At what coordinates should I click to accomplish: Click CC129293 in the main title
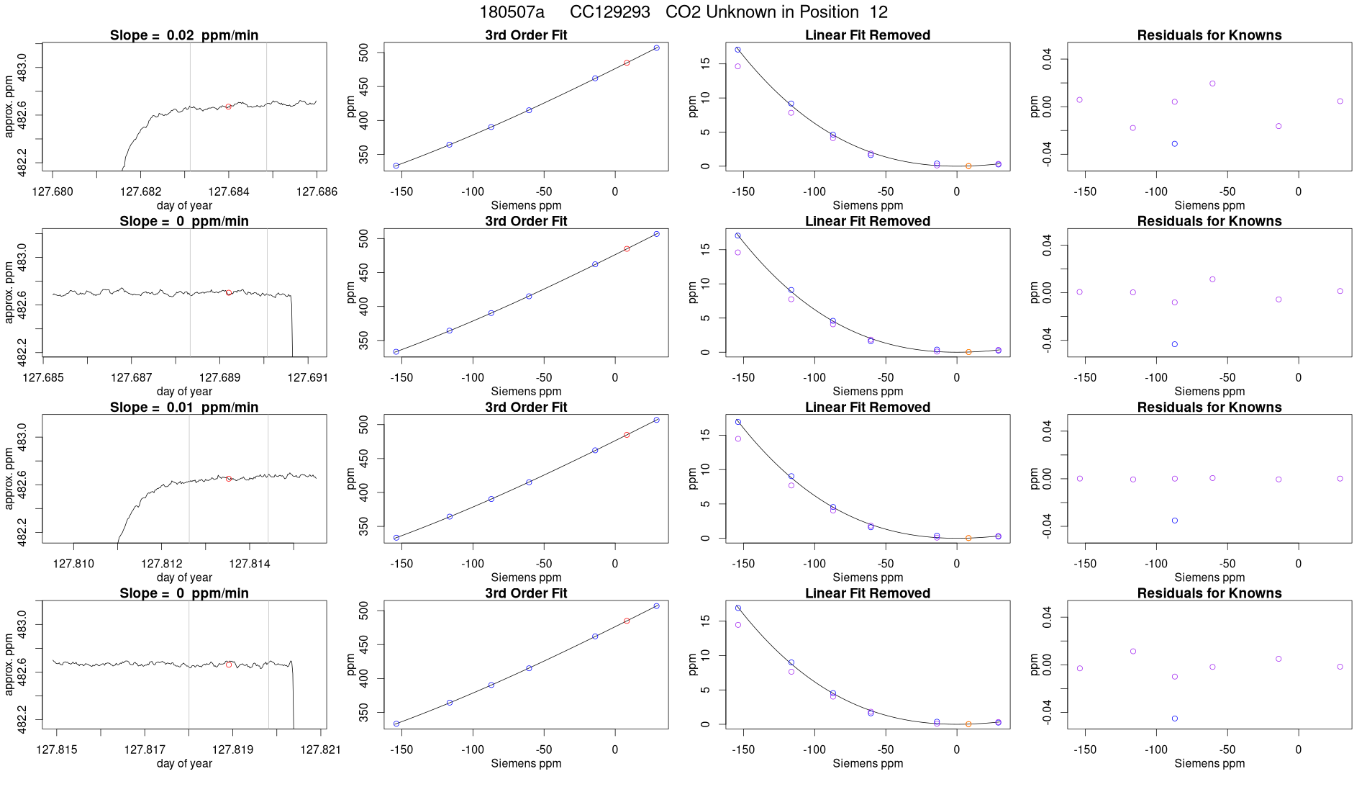click(x=609, y=12)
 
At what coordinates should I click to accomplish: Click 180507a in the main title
click(x=512, y=12)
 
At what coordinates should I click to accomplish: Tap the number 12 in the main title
click(x=878, y=12)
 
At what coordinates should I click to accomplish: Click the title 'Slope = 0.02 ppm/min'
click(x=184, y=35)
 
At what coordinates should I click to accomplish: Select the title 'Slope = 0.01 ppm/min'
click(x=184, y=408)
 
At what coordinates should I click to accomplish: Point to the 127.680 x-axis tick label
click(x=53, y=192)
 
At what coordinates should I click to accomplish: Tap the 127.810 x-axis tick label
click(x=73, y=564)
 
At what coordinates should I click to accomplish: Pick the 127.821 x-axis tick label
click(x=320, y=750)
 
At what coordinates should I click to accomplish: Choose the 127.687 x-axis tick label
click(x=132, y=377)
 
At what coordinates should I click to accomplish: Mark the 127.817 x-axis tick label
click(x=145, y=750)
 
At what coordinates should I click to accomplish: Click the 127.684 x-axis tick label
click(x=229, y=192)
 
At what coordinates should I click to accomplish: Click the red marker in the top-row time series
click(x=228, y=107)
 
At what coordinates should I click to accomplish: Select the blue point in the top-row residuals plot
click(x=1175, y=144)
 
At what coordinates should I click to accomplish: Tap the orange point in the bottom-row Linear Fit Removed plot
click(x=968, y=724)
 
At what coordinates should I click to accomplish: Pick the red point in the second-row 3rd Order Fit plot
click(x=627, y=249)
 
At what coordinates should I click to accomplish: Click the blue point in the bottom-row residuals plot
click(x=1175, y=719)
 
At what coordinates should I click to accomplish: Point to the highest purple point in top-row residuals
click(x=1212, y=84)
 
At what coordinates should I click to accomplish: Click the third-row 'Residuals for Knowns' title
click(x=1209, y=408)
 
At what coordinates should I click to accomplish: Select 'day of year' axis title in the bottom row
click(x=184, y=763)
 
